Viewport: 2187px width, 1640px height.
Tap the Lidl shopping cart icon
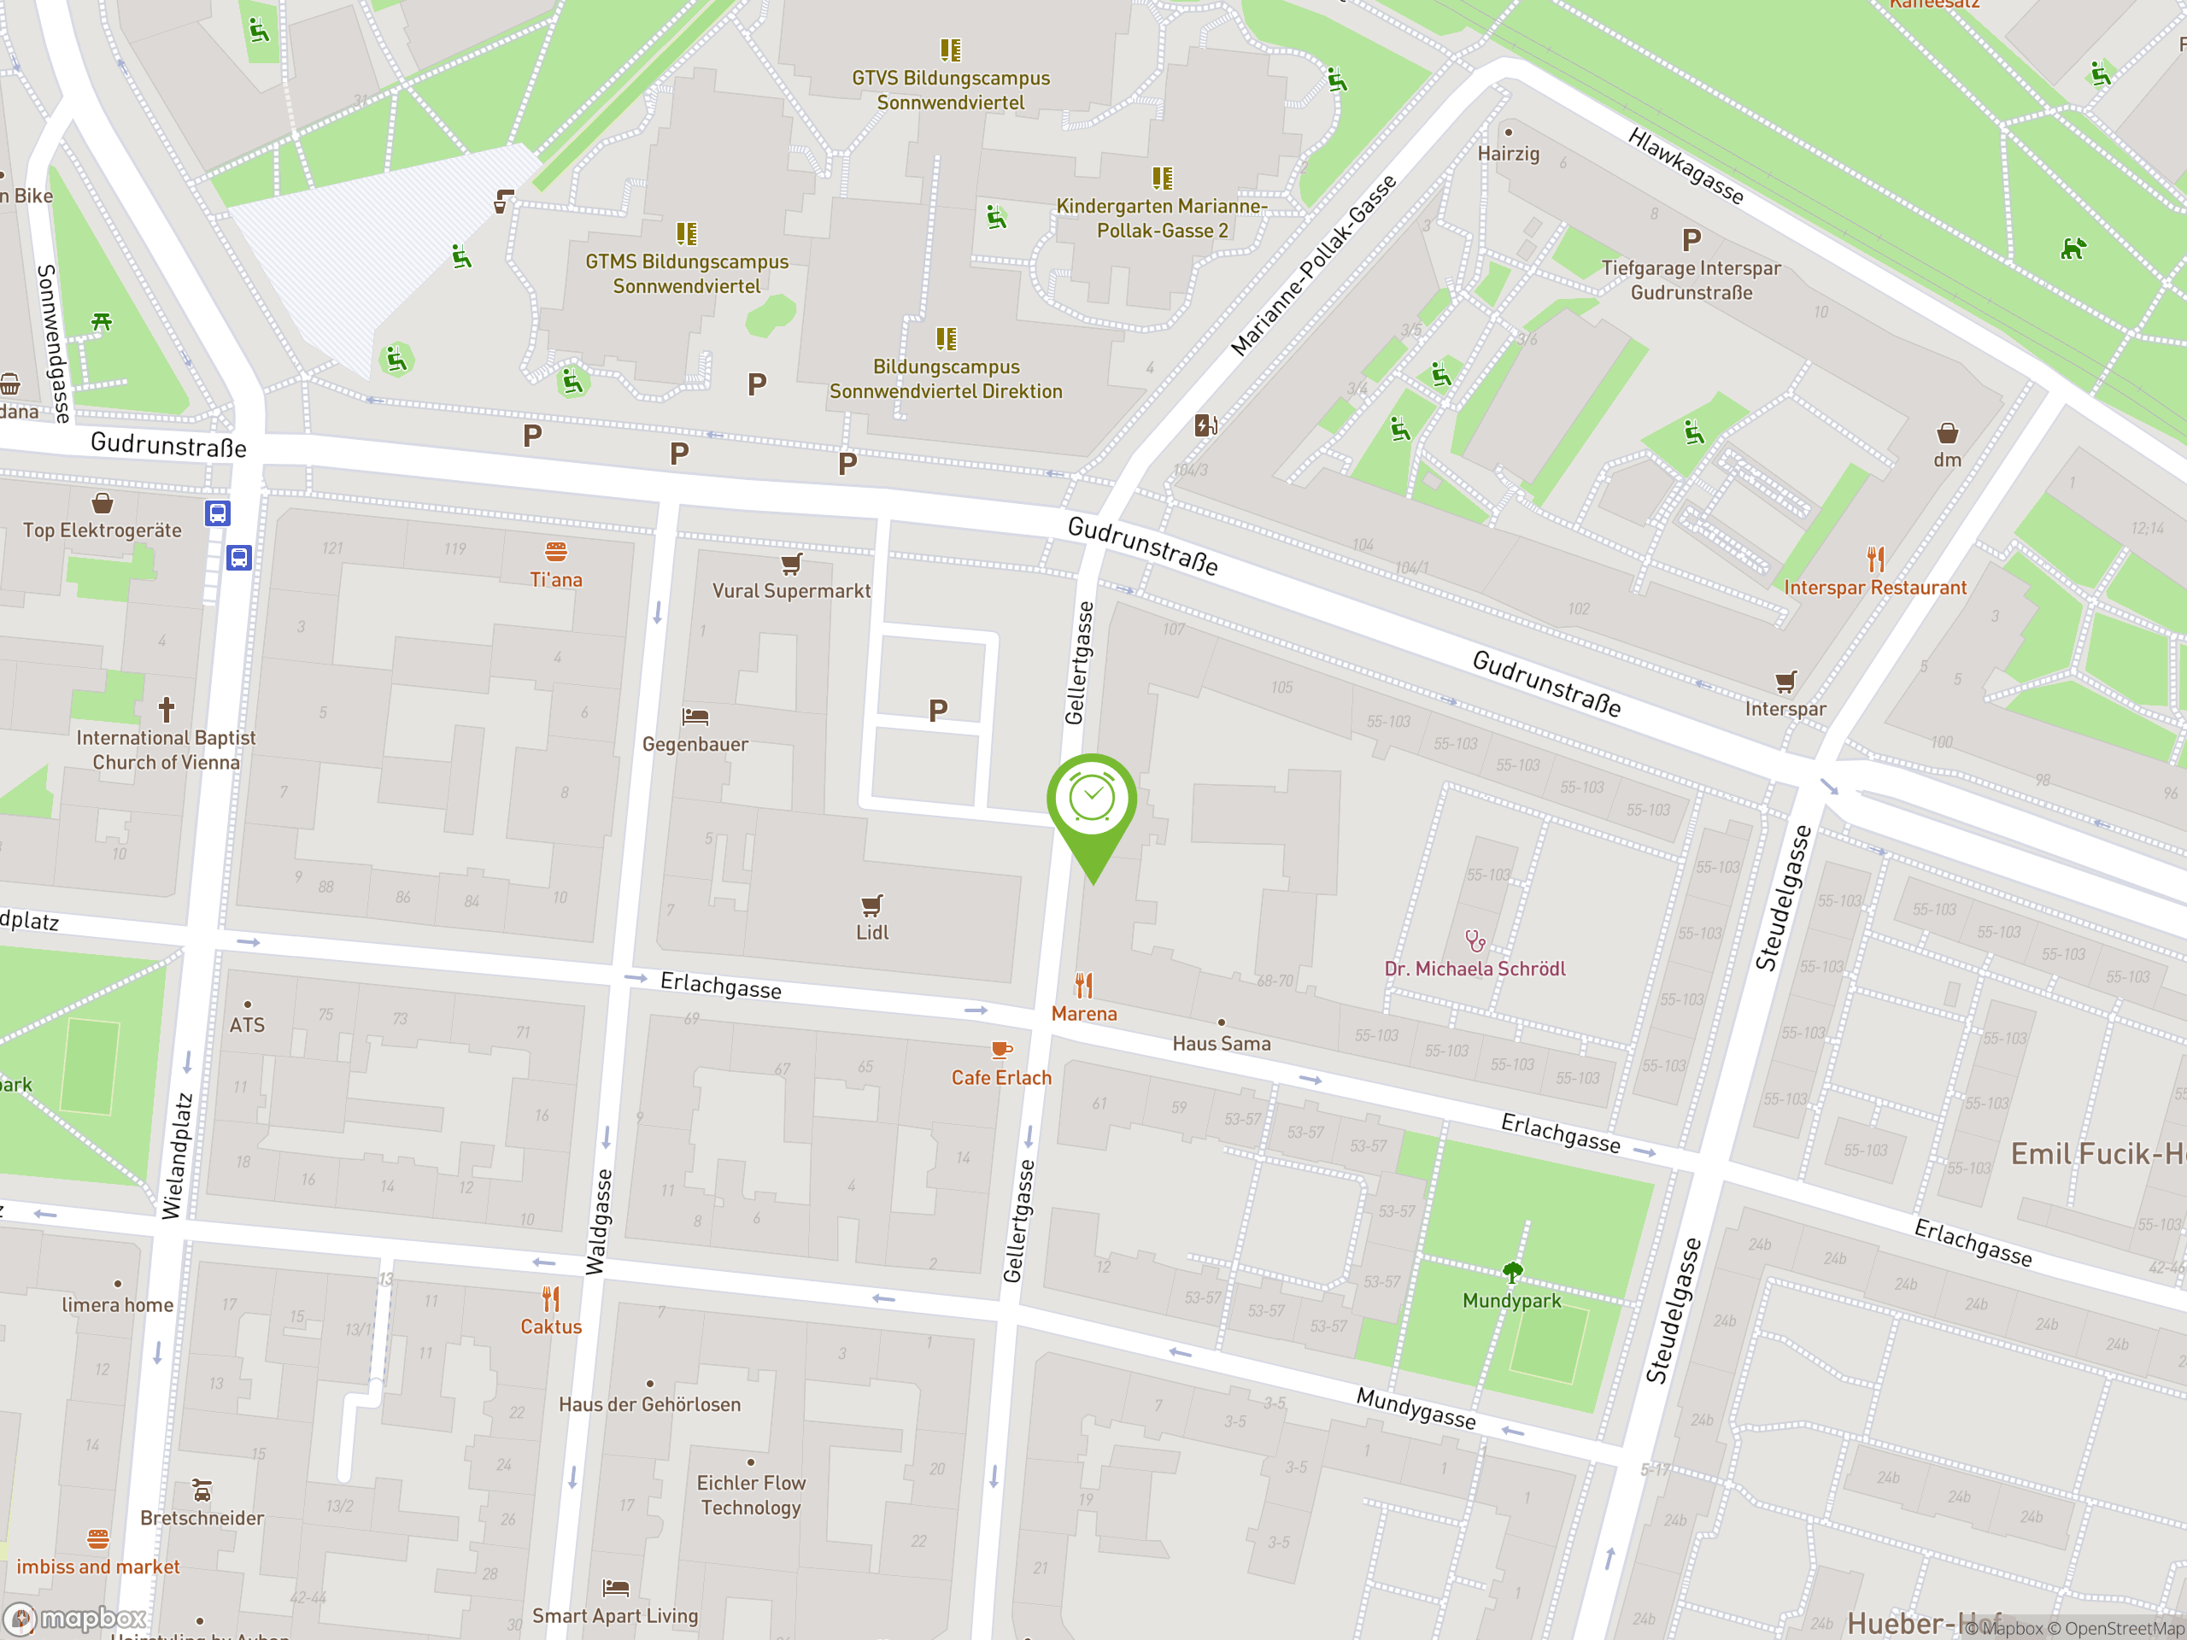(x=871, y=905)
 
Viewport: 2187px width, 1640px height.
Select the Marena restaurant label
(x=1083, y=1013)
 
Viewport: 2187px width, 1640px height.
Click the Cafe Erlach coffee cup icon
(x=1000, y=1050)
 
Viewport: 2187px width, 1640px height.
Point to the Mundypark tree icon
(x=1512, y=1271)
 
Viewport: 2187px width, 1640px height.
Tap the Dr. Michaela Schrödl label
(x=1475, y=969)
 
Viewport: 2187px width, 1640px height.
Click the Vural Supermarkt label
(x=791, y=591)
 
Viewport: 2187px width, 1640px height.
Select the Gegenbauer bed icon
(x=695, y=717)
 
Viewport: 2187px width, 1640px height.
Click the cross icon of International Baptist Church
(x=166, y=709)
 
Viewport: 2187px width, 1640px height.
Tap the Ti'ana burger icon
(x=555, y=551)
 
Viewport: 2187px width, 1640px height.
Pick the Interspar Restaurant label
(x=1874, y=587)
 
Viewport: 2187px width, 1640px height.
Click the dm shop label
(x=1947, y=460)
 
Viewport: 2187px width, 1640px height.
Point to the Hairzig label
(x=1508, y=153)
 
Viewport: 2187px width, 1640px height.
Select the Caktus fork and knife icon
(x=551, y=1298)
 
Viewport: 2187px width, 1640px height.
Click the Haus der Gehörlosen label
(x=649, y=1403)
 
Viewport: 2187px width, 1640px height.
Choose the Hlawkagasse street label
(x=1686, y=165)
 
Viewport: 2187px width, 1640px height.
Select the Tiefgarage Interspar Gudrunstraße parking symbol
(x=1692, y=240)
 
